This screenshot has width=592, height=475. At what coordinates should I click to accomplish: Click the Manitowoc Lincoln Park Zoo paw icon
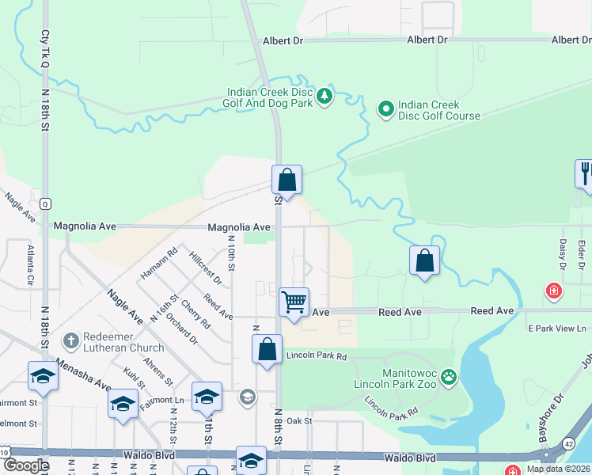click(449, 376)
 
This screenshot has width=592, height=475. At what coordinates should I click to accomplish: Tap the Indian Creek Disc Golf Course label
click(438, 110)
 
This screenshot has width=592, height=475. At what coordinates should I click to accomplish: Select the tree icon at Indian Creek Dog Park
click(324, 97)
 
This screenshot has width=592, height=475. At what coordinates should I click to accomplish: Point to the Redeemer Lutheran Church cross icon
click(70, 340)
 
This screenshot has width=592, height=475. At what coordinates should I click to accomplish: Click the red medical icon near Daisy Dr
click(554, 291)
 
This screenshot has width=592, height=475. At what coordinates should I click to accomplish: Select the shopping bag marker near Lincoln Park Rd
click(268, 348)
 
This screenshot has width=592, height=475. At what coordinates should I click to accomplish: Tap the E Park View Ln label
click(556, 328)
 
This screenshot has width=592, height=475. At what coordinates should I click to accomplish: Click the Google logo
click(26, 465)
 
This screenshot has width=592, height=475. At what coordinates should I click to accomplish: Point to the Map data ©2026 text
click(557, 469)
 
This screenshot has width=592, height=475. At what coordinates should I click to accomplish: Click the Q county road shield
click(46, 203)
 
